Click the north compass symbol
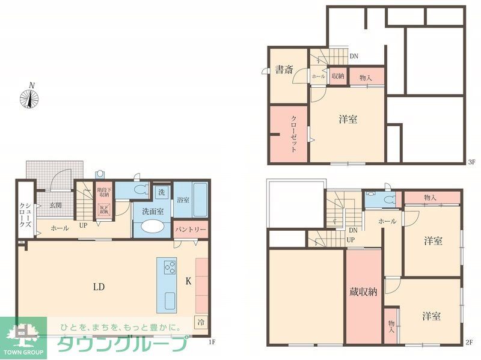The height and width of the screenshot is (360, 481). tap(29, 97)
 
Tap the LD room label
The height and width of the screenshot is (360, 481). tap(99, 287)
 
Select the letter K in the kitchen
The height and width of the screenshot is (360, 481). tap(188, 281)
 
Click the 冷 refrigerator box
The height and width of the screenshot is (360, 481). tap(200, 322)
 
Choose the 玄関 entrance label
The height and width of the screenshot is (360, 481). tap(56, 206)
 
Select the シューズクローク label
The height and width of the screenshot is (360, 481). tap(25, 214)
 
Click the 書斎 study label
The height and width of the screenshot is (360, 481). tap(284, 69)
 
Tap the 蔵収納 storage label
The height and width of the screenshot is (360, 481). tap(363, 293)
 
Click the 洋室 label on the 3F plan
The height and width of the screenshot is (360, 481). tap(348, 120)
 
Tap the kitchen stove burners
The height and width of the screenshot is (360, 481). tap(170, 266)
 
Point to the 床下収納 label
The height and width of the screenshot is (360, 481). tap(104, 209)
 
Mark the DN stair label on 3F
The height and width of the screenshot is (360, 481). tap(354, 56)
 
